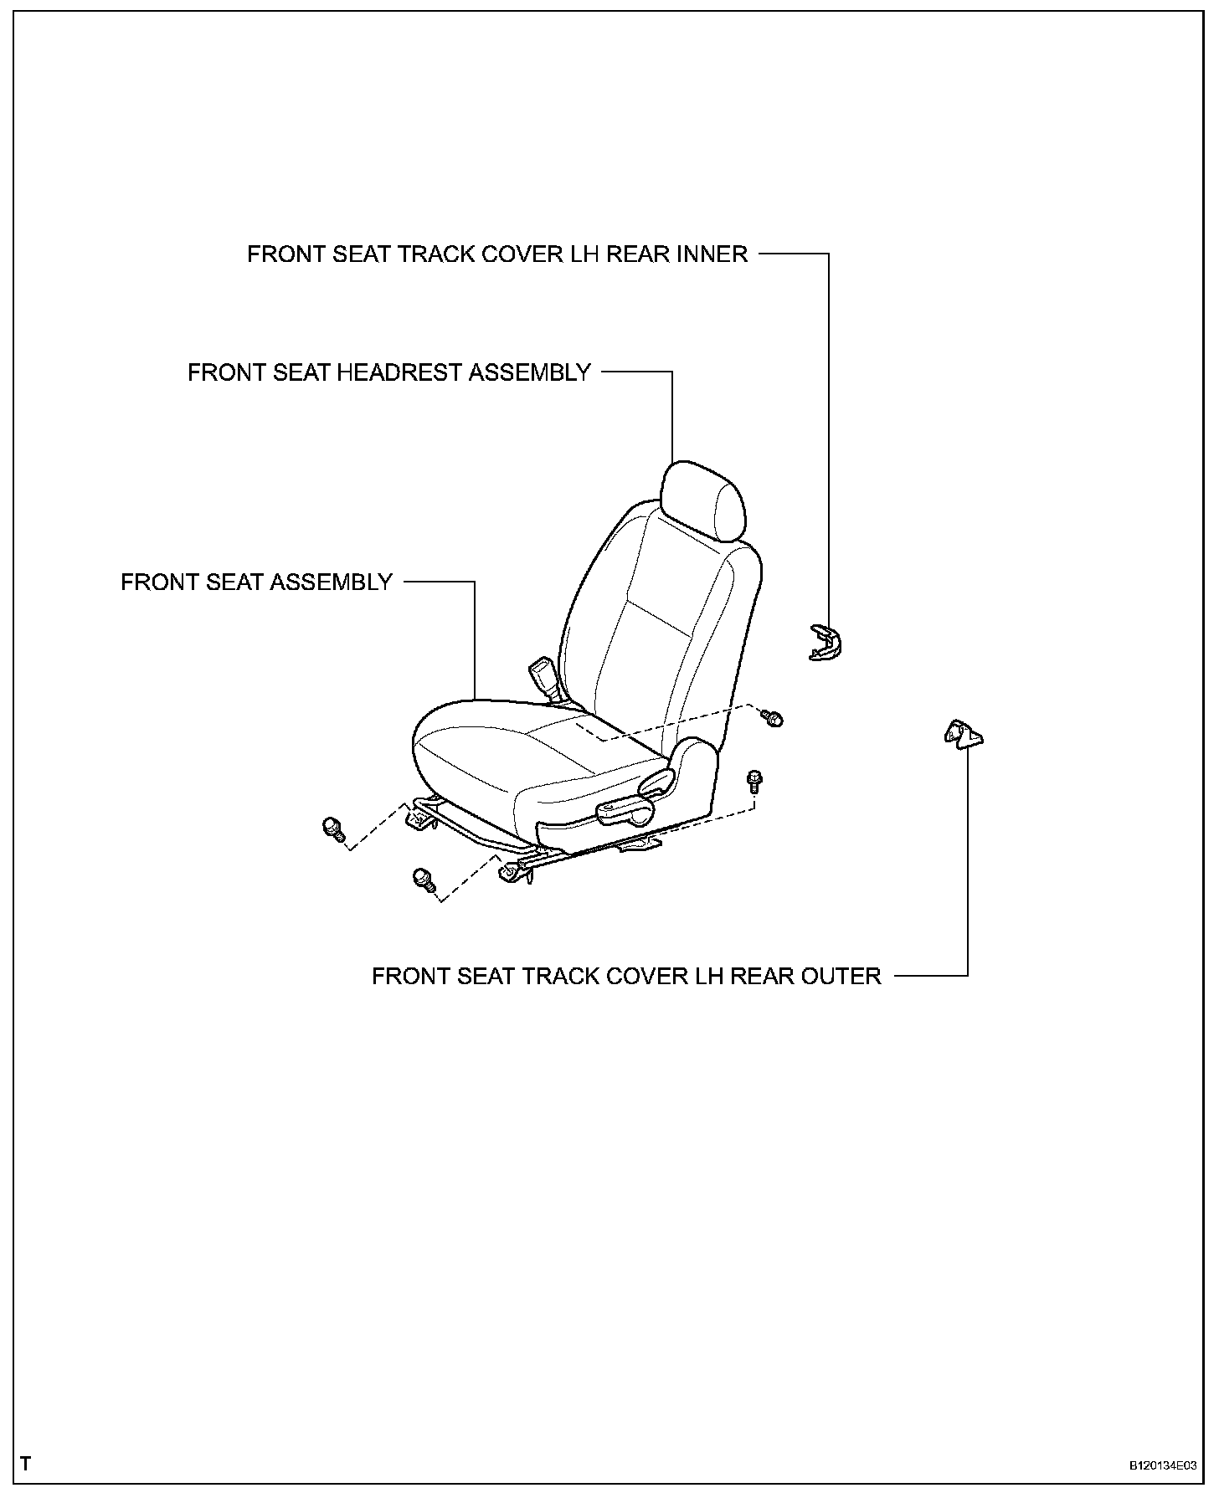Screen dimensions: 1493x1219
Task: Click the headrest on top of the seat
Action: (x=702, y=500)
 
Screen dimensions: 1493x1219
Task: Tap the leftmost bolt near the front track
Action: (x=333, y=829)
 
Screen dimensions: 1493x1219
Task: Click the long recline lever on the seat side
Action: (x=625, y=808)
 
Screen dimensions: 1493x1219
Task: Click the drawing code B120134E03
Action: (x=1162, y=1465)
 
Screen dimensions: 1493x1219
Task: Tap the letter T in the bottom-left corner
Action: (x=26, y=1464)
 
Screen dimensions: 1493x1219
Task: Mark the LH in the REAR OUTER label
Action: (x=707, y=977)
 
